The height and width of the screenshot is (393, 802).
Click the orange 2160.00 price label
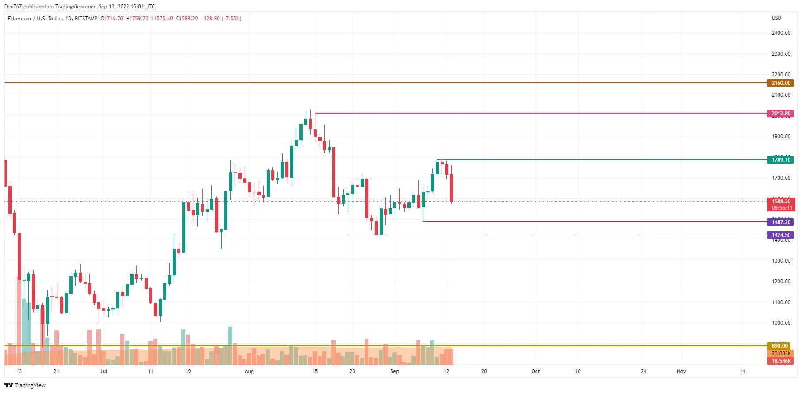[x=780, y=83]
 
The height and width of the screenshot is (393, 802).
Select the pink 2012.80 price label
[x=780, y=114]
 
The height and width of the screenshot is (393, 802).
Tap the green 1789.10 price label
[x=780, y=160]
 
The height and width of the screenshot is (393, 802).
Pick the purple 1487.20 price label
[x=780, y=222]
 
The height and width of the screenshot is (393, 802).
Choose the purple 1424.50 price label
[x=780, y=235]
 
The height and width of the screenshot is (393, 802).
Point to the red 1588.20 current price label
[x=781, y=202]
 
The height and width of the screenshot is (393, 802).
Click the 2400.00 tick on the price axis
[x=781, y=33]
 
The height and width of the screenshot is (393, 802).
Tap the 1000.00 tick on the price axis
[x=781, y=323]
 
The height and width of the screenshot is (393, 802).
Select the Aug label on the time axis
[x=249, y=371]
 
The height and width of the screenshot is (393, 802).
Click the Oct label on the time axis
[x=535, y=371]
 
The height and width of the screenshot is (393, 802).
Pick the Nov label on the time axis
[x=681, y=371]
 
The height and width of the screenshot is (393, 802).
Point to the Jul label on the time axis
[x=103, y=371]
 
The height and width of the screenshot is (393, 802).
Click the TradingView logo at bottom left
[x=25, y=385]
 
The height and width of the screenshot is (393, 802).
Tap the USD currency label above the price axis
[x=776, y=18]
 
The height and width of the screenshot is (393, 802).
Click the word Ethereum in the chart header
[x=19, y=19]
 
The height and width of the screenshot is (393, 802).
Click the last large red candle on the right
[x=452, y=188]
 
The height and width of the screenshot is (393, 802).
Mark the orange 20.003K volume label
[x=781, y=354]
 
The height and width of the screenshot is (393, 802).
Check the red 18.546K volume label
[x=781, y=361]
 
